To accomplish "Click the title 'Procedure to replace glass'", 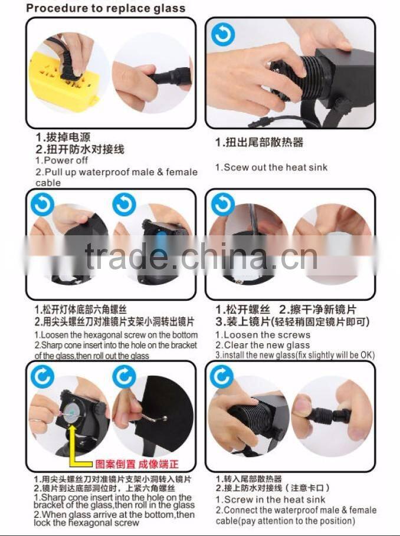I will pyautogui.click(x=106, y=8).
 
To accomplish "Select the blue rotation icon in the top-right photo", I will pyautogui.click(x=223, y=35).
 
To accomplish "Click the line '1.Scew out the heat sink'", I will pyautogui.click(x=271, y=167).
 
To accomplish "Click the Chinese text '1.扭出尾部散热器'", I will pyautogui.click(x=259, y=143).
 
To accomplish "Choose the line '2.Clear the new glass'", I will pyautogui.click(x=262, y=345).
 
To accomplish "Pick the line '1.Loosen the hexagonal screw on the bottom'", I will pyautogui.click(x=115, y=335).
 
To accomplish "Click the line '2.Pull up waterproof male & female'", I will pyautogui.click(x=116, y=172).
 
